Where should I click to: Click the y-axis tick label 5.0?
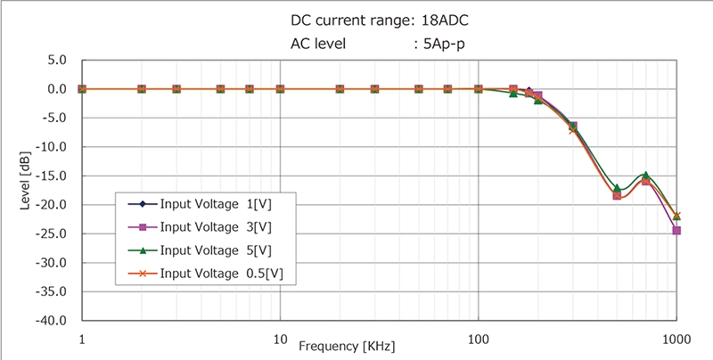pos(56,61)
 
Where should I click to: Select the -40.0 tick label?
pos(53,320)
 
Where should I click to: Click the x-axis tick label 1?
pos(82,339)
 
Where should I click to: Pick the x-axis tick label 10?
pos(280,339)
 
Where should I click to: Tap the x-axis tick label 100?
pos(479,339)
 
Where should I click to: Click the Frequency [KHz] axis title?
pos(346,346)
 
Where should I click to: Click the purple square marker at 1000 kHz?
pos(676,230)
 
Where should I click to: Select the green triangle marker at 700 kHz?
pos(645,176)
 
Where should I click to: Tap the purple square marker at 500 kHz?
pos(617,195)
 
